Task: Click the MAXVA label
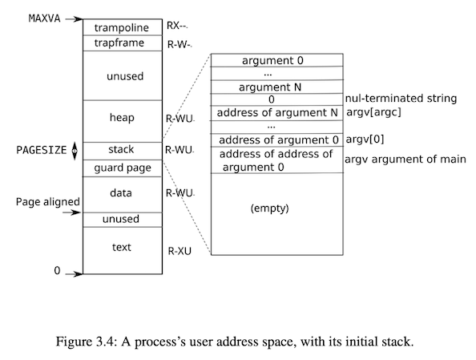44,18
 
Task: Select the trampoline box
123,27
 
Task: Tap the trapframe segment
123,43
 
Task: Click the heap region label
122,118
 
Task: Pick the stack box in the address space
123,151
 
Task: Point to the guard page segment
123,168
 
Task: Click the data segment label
121,193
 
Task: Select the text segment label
122,247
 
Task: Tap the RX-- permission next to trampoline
177,26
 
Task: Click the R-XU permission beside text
180,251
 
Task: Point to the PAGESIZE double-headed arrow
75,151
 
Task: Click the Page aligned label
47,202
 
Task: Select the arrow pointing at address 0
74,274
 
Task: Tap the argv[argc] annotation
373,112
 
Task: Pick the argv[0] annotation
365,140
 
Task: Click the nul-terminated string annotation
401,99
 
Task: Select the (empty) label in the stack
269,208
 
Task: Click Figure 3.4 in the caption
87,342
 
